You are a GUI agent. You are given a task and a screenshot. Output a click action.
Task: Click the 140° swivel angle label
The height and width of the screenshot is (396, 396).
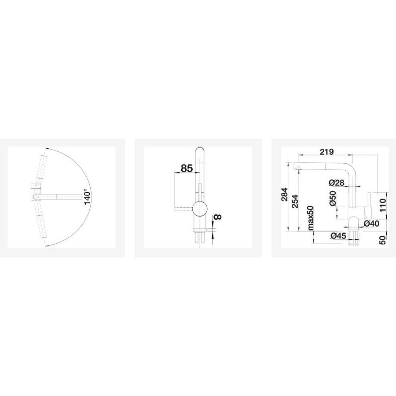pos(87,197)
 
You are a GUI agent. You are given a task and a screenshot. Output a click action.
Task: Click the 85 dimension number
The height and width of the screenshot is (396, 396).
pos(187,168)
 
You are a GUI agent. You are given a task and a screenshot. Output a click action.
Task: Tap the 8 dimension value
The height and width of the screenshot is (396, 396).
pos(218,216)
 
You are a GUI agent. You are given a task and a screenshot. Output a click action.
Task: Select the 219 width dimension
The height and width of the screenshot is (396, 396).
pos(326,152)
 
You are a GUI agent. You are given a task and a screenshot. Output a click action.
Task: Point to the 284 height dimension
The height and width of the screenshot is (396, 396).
pos(285,194)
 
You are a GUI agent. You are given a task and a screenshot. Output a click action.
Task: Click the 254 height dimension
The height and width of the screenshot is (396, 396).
pos(294,201)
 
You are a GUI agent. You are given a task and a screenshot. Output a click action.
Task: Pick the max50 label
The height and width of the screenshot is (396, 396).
pos(310,218)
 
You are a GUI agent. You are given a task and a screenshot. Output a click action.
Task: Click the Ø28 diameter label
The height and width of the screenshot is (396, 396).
pos(337,182)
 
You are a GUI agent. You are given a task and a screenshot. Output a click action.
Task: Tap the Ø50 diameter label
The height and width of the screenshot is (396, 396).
pos(333,198)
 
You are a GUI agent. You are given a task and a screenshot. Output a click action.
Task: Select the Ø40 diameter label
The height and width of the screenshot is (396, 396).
pos(371,223)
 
